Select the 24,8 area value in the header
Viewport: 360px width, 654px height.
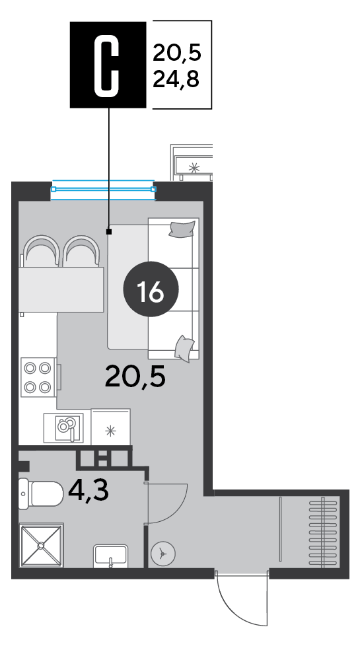click(176, 79)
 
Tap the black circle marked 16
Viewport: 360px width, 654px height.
click(151, 289)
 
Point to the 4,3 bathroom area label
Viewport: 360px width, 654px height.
click(89, 490)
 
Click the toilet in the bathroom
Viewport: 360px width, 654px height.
click(40, 493)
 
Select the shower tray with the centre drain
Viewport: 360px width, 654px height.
click(41, 545)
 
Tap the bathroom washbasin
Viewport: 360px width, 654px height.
click(110, 556)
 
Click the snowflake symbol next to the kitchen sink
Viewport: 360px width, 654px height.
click(110, 431)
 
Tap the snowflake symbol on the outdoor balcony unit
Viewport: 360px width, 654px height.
click(194, 168)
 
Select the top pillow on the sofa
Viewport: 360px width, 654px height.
click(182, 229)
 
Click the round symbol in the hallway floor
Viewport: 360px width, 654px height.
click(163, 554)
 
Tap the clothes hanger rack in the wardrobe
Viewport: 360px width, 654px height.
click(323, 531)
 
